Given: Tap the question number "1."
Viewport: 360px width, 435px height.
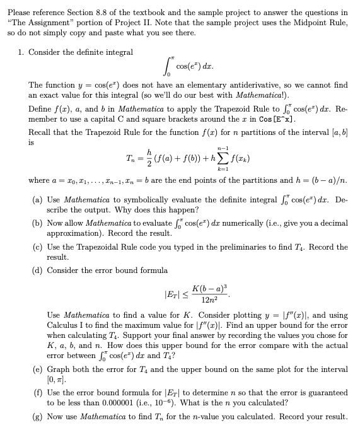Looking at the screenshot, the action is pos(21,52).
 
